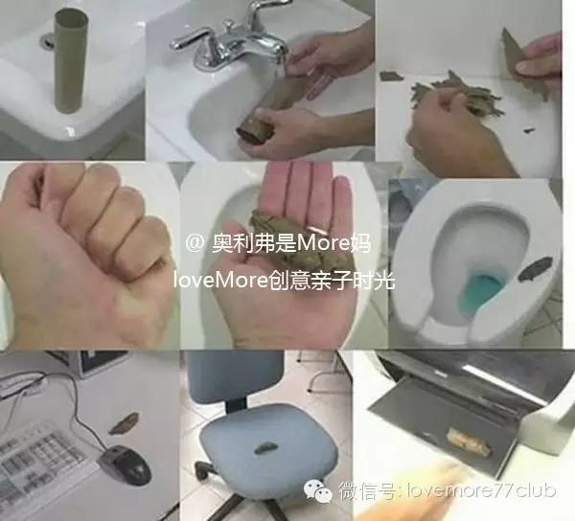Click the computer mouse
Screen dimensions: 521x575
[126, 465]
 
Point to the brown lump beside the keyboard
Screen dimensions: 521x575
[124, 421]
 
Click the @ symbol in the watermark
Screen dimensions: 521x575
[194, 243]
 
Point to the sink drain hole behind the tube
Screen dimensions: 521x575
[47, 42]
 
